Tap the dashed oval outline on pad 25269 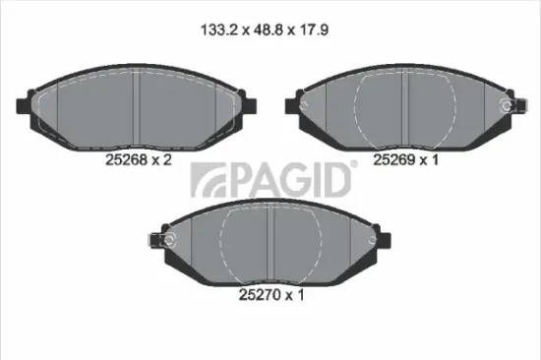402,108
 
